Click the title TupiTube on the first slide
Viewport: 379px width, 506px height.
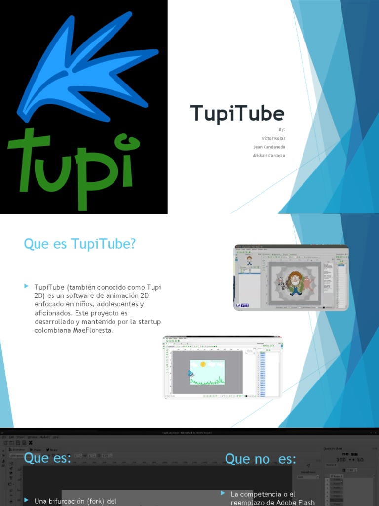237,114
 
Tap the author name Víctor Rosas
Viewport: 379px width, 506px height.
273,138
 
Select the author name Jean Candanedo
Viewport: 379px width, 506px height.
269,147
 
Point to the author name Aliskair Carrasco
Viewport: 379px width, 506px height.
269,155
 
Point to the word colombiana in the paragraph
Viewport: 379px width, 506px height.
52,331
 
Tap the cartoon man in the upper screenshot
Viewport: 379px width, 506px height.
295,282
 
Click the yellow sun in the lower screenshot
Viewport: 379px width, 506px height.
202,364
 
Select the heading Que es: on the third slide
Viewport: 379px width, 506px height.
47,458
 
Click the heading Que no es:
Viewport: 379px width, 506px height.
260,459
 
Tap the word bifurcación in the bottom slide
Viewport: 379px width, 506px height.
74,501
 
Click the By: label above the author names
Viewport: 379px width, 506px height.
282,129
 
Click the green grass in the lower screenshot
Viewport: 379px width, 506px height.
207,381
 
